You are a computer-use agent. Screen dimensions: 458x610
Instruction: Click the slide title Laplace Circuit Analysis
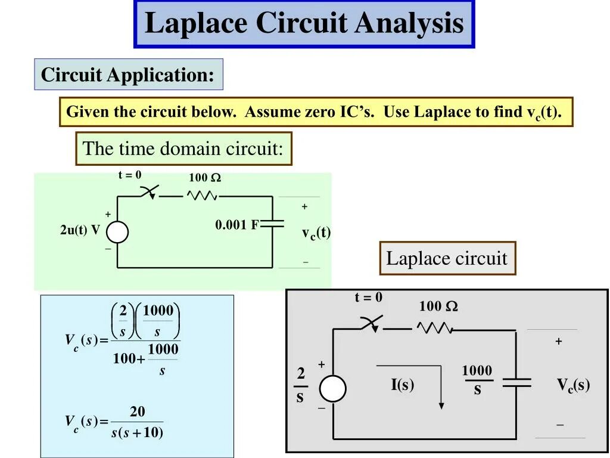coord(304,24)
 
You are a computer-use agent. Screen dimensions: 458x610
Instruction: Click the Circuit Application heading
coord(128,75)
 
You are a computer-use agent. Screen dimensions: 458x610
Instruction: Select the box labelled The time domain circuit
coord(183,148)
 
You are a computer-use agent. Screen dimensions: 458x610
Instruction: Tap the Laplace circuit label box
coord(447,258)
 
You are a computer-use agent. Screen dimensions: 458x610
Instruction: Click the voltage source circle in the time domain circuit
coord(117,231)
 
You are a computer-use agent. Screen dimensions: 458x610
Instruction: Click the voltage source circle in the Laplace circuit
coord(332,389)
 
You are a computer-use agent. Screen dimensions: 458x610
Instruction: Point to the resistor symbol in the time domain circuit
coord(203,195)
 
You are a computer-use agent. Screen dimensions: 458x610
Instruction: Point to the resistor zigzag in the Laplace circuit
coord(434,327)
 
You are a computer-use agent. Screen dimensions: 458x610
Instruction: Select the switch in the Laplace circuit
coord(371,324)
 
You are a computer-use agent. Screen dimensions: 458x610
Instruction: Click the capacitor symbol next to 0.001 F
coord(273,224)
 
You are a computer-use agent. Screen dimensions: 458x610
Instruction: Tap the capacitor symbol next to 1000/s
coord(516,382)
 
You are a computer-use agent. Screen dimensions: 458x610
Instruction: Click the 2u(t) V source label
coord(80,231)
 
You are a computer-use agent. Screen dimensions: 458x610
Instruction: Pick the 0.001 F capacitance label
coord(236,225)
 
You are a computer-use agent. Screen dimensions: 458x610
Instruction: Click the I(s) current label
coord(402,385)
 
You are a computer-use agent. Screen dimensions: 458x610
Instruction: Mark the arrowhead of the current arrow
coord(441,405)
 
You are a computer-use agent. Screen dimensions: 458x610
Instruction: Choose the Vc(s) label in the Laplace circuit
coord(573,385)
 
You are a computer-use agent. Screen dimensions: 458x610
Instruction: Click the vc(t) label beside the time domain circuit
coord(316,233)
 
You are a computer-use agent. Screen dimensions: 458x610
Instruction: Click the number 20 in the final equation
coord(138,412)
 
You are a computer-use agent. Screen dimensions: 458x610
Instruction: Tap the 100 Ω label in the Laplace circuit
coord(438,307)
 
